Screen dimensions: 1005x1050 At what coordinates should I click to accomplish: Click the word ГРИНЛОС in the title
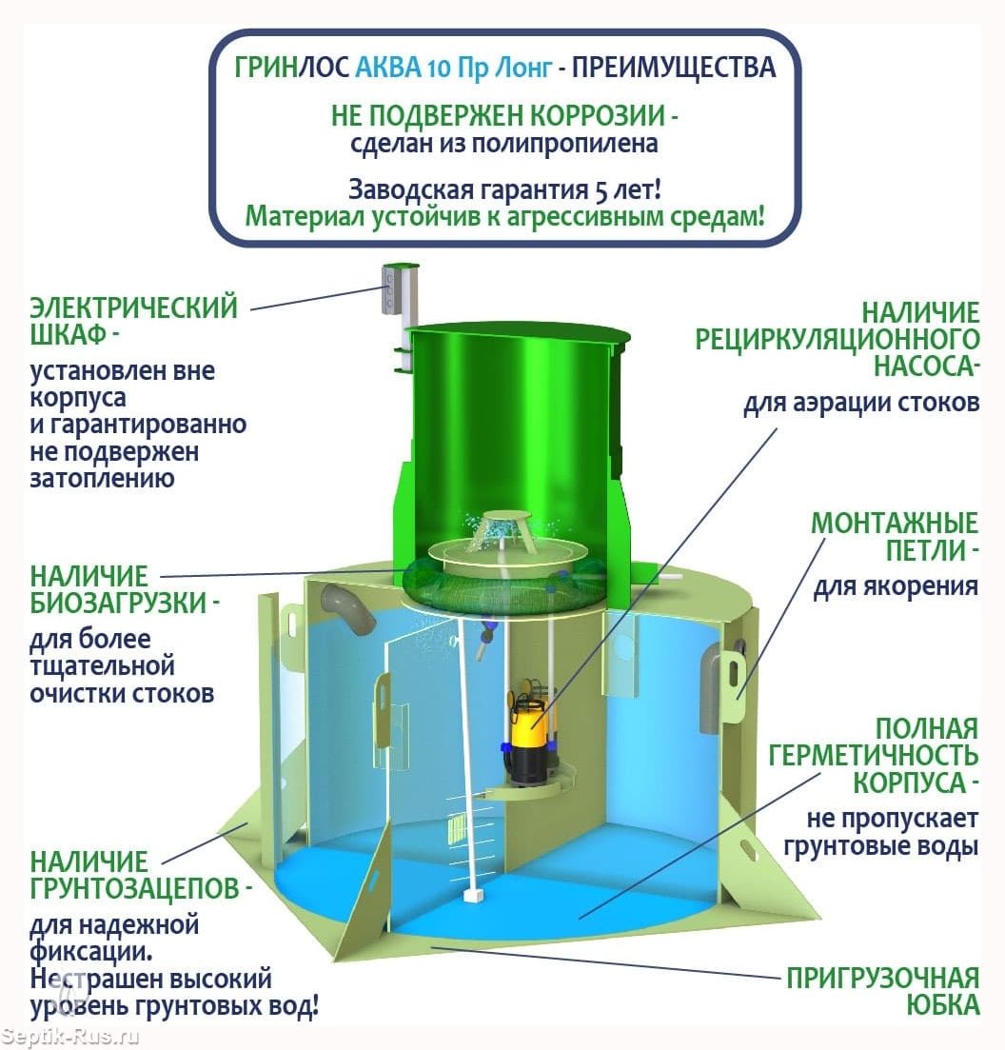pos(292,68)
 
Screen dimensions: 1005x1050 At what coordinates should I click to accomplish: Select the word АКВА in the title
pos(388,68)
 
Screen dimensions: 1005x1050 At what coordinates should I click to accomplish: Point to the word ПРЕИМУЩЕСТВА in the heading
pos(674,68)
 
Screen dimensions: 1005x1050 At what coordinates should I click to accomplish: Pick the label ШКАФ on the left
pos(69,333)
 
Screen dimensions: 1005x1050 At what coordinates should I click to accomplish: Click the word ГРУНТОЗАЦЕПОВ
pos(134,888)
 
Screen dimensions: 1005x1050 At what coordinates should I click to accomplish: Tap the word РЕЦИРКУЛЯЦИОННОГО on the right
pos(837,340)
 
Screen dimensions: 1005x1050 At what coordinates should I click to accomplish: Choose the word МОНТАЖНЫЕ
pos(895,523)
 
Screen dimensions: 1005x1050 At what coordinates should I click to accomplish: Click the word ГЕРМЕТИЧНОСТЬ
pos(873,755)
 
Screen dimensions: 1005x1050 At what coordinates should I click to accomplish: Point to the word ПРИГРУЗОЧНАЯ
pos(882,978)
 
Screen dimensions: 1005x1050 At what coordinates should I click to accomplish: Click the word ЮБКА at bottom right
pos(943,1005)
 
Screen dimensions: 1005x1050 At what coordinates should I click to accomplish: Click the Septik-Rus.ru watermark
pos(69,1036)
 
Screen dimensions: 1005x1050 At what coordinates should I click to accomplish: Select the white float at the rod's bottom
pos(473,896)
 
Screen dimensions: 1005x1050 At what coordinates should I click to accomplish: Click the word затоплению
pos(102,479)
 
